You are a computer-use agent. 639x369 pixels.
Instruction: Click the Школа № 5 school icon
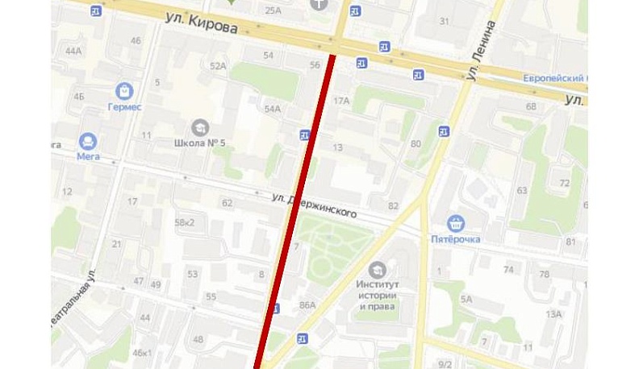tap(198, 126)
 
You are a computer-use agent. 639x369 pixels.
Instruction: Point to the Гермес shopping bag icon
tap(124, 90)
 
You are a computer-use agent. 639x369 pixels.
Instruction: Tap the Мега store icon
tap(88, 141)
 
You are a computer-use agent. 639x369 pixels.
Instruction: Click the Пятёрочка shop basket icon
tap(456, 223)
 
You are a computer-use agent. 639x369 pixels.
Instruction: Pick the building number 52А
tap(218, 66)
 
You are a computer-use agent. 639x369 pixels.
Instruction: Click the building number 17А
tap(341, 101)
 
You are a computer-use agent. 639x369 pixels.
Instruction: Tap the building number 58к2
tap(185, 222)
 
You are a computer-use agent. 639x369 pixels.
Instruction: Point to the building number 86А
tap(307, 305)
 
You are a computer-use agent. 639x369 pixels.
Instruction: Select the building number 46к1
tap(143, 352)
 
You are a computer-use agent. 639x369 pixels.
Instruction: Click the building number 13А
tap(553, 314)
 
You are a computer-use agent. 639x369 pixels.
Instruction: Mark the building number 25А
tap(273, 10)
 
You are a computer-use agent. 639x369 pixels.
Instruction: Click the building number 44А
tap(74, 51)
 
